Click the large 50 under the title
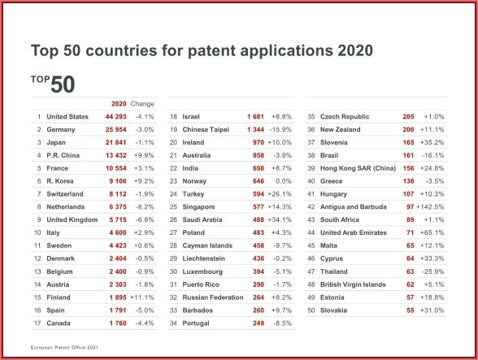(x=63, y=85)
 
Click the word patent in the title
(x=211, y=50)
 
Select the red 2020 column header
(x=119, y=104)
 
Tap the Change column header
(x=142, y=104)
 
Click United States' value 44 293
(x=115, y=117)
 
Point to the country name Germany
(x=61, y=129)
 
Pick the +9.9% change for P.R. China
(x=144, y=155)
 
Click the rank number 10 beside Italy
(x=37, y=233)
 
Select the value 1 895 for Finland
(x=118, y=297)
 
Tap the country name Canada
(x=59, y=323)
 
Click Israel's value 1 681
(x=255, y=117)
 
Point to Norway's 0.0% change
(x=284, y=181)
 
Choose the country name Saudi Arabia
(x=202, y=219)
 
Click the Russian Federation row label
(x=213, y=297)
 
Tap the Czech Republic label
(x=345, y=117)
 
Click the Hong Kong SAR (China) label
(x=358, y=168)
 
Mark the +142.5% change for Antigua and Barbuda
(x=430, y=207)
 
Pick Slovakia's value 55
(x=411, y=310)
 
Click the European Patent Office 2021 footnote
(x=64, y=348)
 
